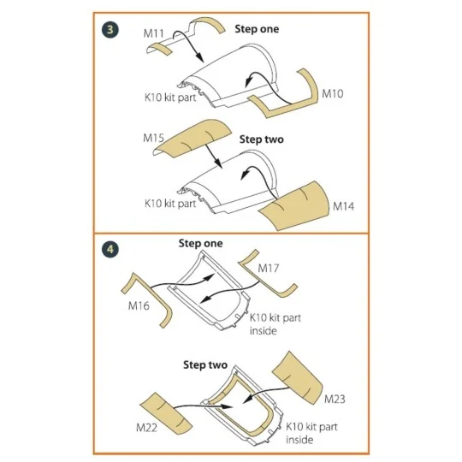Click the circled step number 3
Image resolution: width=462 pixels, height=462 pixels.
tap(110, 30)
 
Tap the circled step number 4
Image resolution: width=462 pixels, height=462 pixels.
tap(110, 250)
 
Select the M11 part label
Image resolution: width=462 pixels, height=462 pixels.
tap(153, 33)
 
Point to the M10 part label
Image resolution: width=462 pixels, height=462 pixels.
tap(332, 94)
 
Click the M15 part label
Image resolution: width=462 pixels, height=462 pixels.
tap(153, 138)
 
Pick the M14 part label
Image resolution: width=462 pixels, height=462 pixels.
tap(343, 206)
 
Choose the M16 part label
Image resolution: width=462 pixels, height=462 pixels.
tap(139, 305)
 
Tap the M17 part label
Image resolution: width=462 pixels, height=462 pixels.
tap(268, 268)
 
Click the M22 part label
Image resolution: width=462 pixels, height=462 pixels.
tap(146, 428)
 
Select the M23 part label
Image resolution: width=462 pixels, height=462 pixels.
tap(335, 399)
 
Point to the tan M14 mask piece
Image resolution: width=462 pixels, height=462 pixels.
tap(294, 206)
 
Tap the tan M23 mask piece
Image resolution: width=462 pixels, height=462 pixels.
tap(298, 378)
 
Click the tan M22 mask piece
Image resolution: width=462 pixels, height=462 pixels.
tap(166, 412)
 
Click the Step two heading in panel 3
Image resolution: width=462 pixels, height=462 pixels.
tap(261, 139)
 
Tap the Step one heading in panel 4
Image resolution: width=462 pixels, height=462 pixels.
tap(200, 243)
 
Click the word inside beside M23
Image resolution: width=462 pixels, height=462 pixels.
tap(299, 440)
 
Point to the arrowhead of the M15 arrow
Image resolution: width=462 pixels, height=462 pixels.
tap(218, 163)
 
